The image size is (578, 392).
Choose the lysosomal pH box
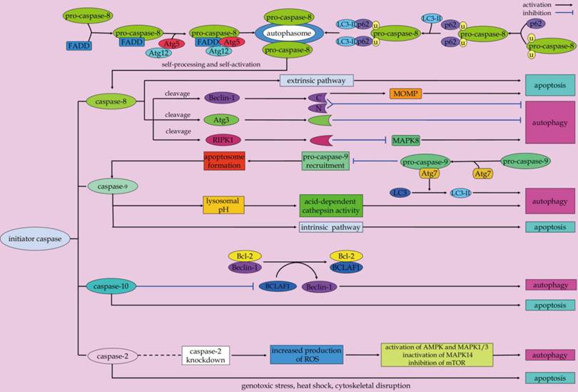223,205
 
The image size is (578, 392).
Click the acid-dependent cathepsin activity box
331,205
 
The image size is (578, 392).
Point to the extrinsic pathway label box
317,81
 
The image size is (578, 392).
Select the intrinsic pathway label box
330,227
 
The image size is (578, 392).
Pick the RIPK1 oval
222,140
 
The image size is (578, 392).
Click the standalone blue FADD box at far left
78,46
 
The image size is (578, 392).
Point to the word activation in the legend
536,4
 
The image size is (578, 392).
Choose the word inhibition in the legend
537,12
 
